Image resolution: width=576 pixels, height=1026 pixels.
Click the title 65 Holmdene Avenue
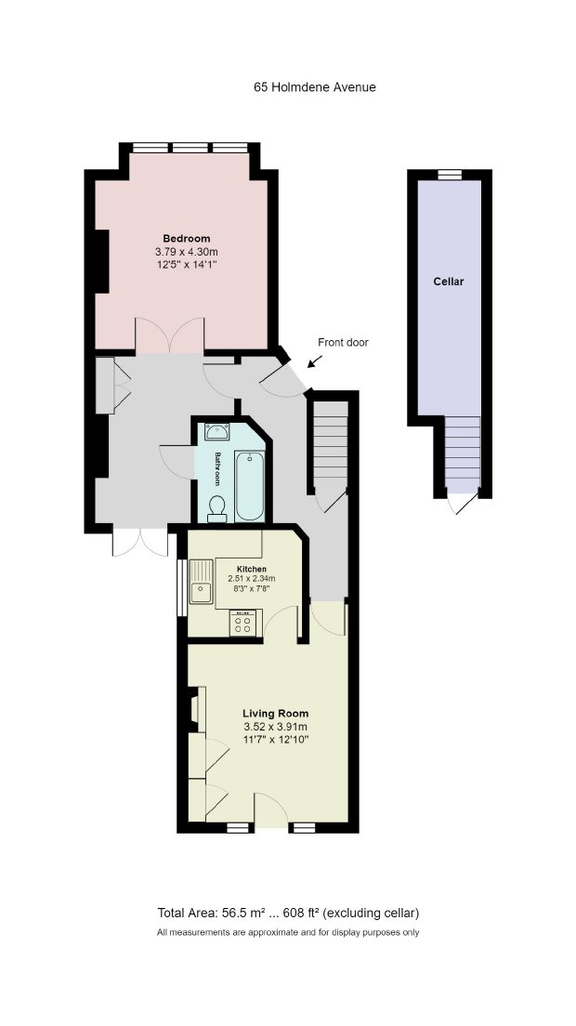315,87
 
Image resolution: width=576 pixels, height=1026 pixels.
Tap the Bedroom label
187,238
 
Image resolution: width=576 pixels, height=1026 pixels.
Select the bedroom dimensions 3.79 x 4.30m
187,251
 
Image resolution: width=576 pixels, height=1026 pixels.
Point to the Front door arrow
315,362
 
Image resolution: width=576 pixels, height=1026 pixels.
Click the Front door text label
343,342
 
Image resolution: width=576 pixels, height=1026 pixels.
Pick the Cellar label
449,282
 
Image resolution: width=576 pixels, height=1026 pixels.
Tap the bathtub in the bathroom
250,485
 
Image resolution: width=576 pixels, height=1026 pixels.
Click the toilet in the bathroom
216,508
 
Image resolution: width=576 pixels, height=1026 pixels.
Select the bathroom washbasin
216,432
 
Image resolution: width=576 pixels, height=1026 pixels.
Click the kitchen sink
202,582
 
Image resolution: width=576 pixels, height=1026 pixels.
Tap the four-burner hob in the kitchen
242,623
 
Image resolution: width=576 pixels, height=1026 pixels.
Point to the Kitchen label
251,570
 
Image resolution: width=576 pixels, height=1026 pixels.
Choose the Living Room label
275,713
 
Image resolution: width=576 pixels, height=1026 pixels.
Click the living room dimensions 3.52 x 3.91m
275,727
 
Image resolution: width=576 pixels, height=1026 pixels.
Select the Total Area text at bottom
288,912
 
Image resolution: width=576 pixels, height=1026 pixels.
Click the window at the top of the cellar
449,174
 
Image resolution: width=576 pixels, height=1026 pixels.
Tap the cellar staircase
463,454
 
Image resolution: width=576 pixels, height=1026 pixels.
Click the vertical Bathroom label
217,468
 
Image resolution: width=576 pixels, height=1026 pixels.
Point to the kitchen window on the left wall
182,587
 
